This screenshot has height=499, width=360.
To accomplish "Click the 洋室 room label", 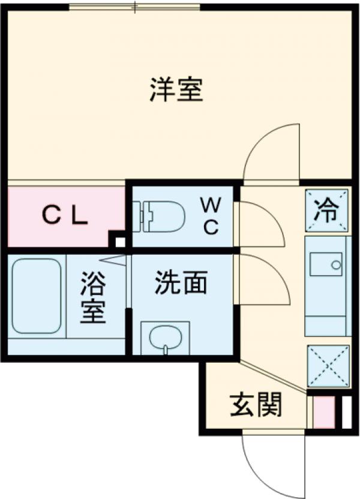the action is pyautogui.click(x=176, y=89).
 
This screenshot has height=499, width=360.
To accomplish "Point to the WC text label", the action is pyautogui.click(x=211, y=216).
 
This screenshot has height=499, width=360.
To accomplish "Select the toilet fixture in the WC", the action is pyautogui.click(x=158, y=216).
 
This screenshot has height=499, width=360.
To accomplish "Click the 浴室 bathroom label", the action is pyautogui.click(x=92, y=297).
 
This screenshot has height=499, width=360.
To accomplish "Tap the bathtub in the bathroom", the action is pyautogui.click(x=36, y=295).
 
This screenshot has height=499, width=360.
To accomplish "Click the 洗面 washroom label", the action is pyautogui.click(x=181, y=282).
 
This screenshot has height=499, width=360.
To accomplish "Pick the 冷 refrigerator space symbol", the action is pyautogui.click(x=326, y=210).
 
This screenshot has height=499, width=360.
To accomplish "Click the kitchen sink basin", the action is pyautogui.click(x=326, y=264).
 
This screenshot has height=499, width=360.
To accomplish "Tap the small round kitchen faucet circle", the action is pyautogui.click(x=336, y=264).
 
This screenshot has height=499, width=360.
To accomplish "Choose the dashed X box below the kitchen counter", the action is pyautogui.click(x=328, y=366).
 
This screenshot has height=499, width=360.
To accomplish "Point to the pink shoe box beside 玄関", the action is pyautogui.click(x=325, y=412).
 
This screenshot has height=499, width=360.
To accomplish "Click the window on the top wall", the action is pyautogui.click(x=135, y=7).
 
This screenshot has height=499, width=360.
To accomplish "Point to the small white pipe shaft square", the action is pyautogui.click(x=119, y=242).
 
